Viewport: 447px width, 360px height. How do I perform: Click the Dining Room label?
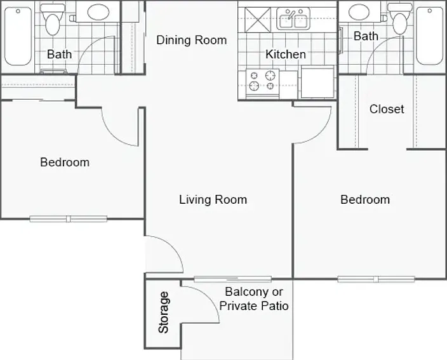pyautogui.click(x=192, y=40)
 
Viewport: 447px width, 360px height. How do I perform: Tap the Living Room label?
pyautogui.click(x=213, y=199)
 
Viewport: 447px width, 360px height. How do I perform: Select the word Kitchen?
pyautogui.click(x=286, y=54)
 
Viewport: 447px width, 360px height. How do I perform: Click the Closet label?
pyautogui.click(x=387, y=109)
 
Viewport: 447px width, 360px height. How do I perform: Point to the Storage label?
pyautogui.click(x=164, y=312)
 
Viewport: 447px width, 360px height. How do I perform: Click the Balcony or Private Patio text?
pyautogui.click(x=254, y=298)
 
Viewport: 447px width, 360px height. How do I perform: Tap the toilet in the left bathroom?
pyautogui.click(x=52, y=20)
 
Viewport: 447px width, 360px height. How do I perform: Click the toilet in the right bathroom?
pyautogui.click(x=399, y=19)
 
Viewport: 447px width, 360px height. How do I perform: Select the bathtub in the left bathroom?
pyautogui.click(x=18, y=36)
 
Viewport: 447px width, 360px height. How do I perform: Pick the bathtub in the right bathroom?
pyautogui.click(x=429, y=36)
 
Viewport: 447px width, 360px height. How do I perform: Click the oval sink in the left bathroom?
pyautogui.click(x=98, y=12)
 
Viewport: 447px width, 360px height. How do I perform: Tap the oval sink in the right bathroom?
pyautogui.click(x=359, y=11)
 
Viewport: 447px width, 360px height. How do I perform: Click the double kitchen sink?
pyautogui.click(x=293, y=19)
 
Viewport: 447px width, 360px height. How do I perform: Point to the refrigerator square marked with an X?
pyautogui.click(x=258, y=20)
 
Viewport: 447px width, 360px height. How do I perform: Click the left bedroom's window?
pyautogui.click(x=69, y=219)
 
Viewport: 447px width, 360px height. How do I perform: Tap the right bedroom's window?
pyautogui.click(x=376, y=279)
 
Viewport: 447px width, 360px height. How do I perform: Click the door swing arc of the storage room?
pyautogui.click(x=210, y=297)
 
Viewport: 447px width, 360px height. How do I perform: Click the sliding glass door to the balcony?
pyautogui.click(x=232, y=279)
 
